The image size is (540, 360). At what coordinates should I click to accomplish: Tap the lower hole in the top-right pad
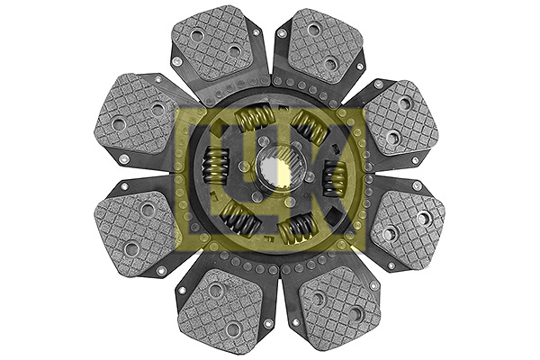coord(329,64)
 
